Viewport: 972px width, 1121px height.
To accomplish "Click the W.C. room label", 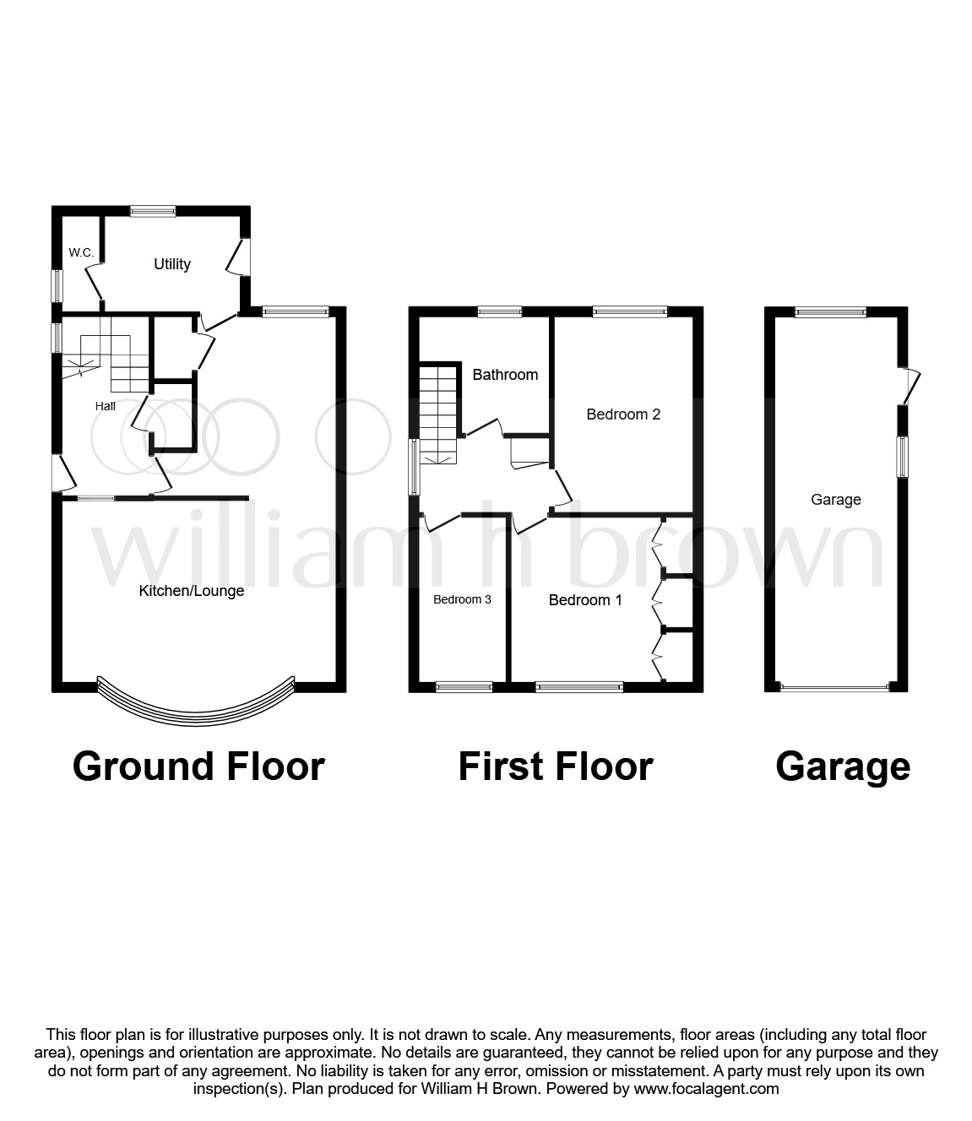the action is click(x=81, y=252).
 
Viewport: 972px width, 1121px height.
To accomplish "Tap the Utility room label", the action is click(x=172, y=264).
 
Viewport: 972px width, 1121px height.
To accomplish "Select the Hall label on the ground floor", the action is click(x=106, y=406).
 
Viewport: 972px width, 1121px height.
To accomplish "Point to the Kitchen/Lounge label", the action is click(x=192, y=591).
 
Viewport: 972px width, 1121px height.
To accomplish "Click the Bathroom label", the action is click(x=505, y=375).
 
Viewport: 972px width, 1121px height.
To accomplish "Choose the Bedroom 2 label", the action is click(x=623, y=414).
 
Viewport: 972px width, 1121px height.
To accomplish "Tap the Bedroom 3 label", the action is click(x=463, y=599).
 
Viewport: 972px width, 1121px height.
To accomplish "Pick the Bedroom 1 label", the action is click(x=585, y=600).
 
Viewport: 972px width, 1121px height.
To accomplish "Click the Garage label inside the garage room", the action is click(x=836, y=500).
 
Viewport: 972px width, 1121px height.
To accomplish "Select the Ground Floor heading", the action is click(x=198, y=766).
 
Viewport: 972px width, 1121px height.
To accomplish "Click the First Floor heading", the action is click(x=556, y=766).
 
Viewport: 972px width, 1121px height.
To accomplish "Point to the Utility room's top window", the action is click(x=153, y=211).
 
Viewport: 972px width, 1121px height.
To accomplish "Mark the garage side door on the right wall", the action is click(x=910, y=386).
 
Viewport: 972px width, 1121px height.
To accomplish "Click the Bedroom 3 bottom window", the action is click(x=464, y=687).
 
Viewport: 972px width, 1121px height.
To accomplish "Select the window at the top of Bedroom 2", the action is click(x=630, y=311).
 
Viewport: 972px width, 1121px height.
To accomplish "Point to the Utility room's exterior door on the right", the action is click(x=237, y=257).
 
